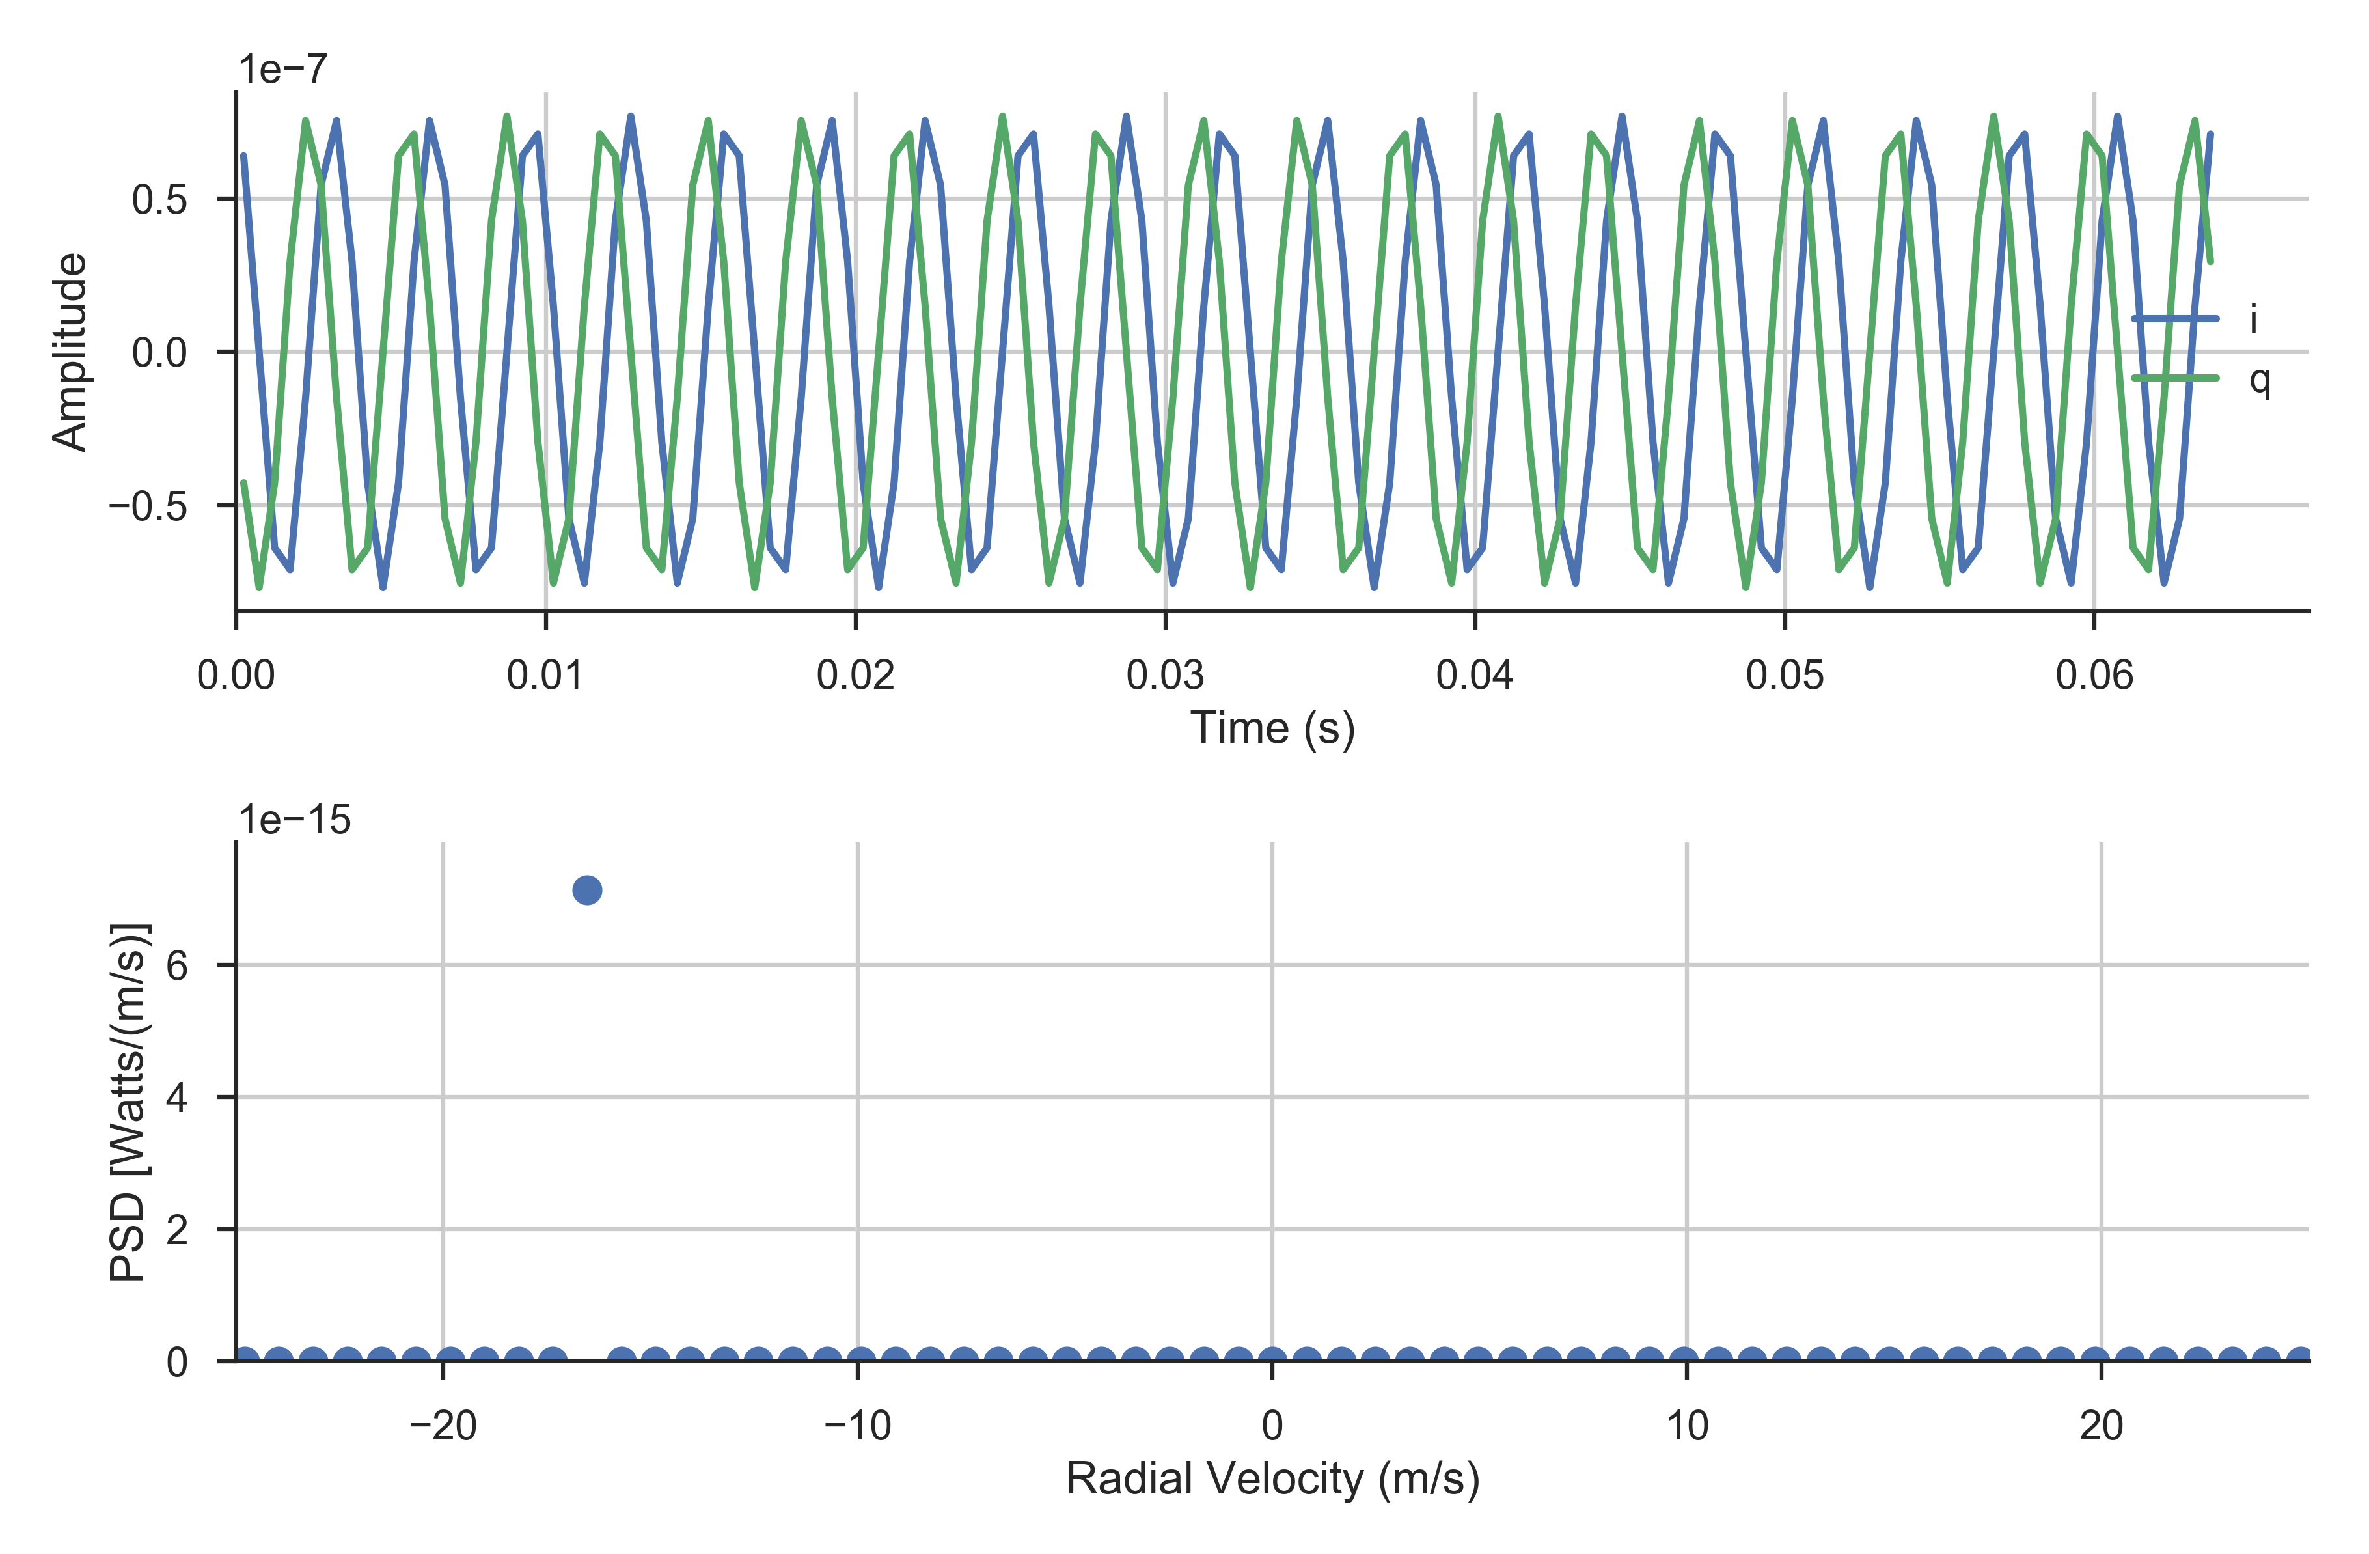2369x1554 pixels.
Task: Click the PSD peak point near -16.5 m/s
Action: [x=587, y=890]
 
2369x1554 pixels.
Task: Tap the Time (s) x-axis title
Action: [x=1272, y=728]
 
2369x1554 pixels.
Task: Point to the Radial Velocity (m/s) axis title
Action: [x=1272, y=1479]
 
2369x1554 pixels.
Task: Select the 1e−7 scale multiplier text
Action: [x=282, y=70]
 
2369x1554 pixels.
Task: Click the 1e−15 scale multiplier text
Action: [x=295, y=820]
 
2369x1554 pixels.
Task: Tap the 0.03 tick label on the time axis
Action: [x=1164, y=676]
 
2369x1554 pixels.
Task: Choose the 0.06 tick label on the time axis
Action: [x=2094, y=676]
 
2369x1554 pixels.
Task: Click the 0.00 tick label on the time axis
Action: [x=236, y=676]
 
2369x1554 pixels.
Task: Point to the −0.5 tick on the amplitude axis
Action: [x=148, y=506]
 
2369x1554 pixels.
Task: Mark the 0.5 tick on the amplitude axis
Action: [x=159, y=200]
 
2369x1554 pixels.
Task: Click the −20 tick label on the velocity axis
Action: [x=443, y=1426]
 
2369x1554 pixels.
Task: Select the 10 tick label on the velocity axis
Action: [x=1687, y=1426]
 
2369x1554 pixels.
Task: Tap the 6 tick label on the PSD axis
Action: [x=177, y=965]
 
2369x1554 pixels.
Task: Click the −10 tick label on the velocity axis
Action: [x=857, y=1426]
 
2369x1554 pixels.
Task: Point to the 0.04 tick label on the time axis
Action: [x=1474, y=676]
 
